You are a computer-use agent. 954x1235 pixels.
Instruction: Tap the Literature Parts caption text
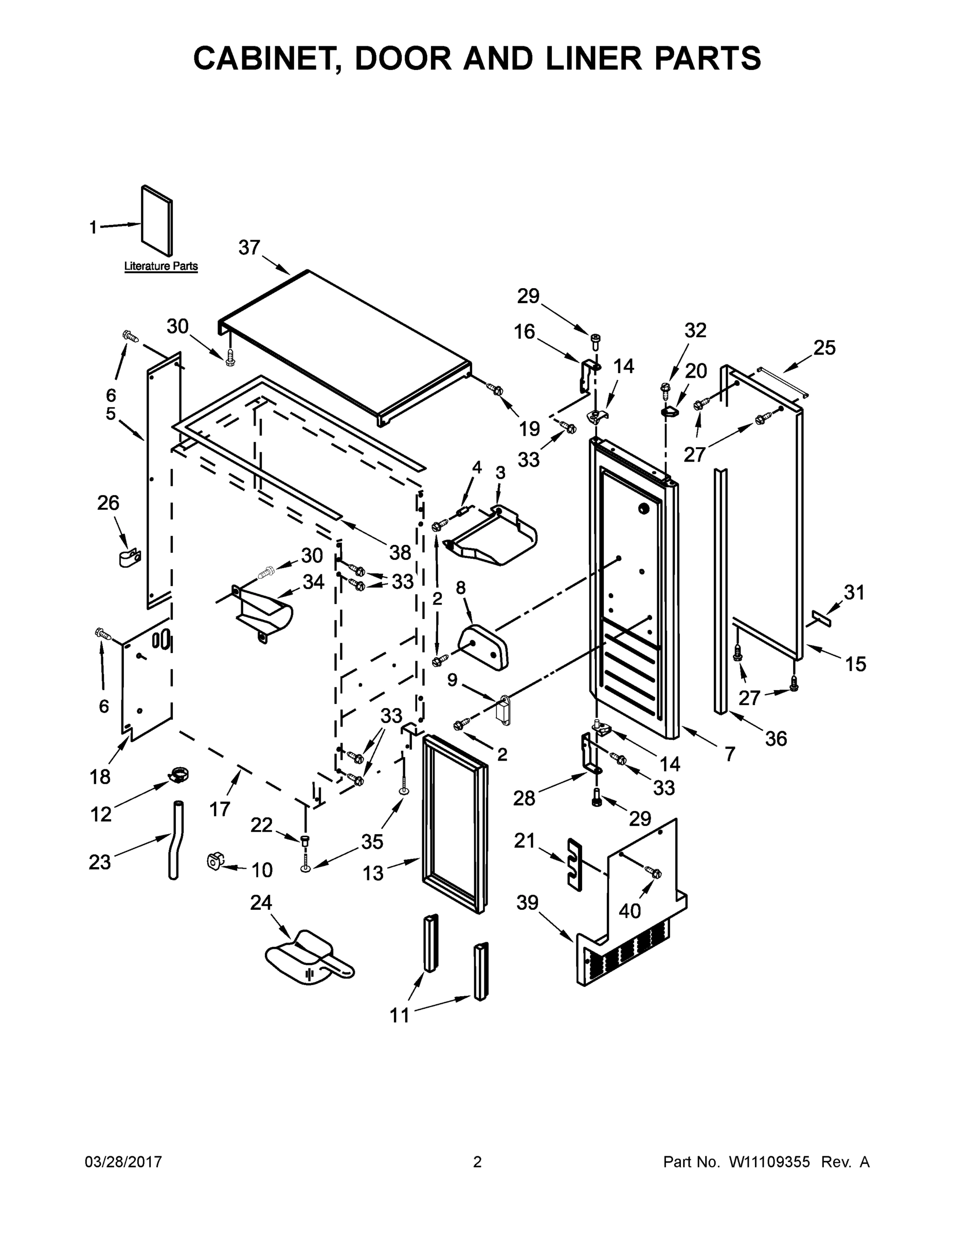(161, 266)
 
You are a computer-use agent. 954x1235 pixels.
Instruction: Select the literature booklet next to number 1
(156, 221)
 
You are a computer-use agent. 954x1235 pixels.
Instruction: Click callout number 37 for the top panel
(249, 248)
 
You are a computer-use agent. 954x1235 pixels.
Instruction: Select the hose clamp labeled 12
(177, 774)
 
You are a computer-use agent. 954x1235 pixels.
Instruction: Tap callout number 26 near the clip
(109, 502)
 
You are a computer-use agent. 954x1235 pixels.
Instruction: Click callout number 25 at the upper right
(824, 347)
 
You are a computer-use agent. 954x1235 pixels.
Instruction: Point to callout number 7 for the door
(730, 753)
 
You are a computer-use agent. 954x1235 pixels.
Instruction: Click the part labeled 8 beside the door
(484, 645)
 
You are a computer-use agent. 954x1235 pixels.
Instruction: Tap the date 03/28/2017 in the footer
(124, 1162)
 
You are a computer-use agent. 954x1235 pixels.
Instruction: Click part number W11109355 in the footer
(769, 1162)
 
